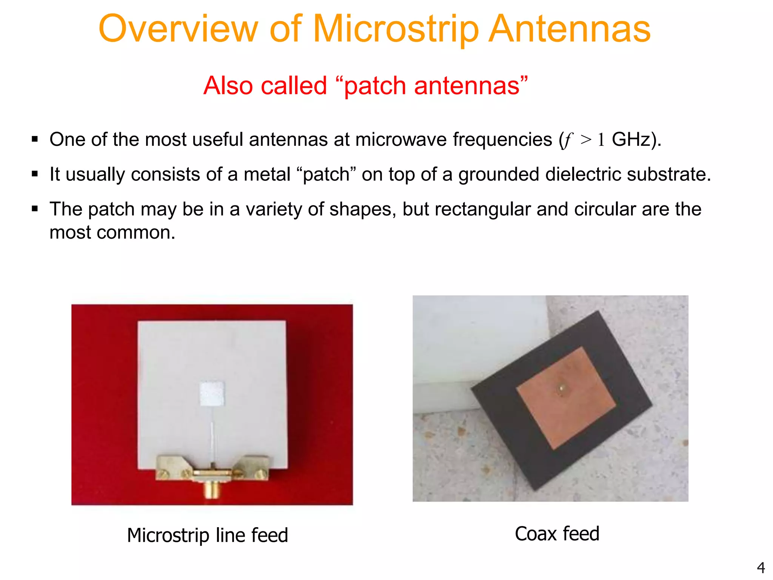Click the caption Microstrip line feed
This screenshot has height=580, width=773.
tap(208, 535)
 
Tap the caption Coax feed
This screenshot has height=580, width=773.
tap(557, 534)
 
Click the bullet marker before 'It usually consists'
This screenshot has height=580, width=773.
tap(35, 174)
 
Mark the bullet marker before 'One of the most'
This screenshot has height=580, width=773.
tap(35, 139)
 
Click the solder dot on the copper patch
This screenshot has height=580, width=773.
tap(562, 388)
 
